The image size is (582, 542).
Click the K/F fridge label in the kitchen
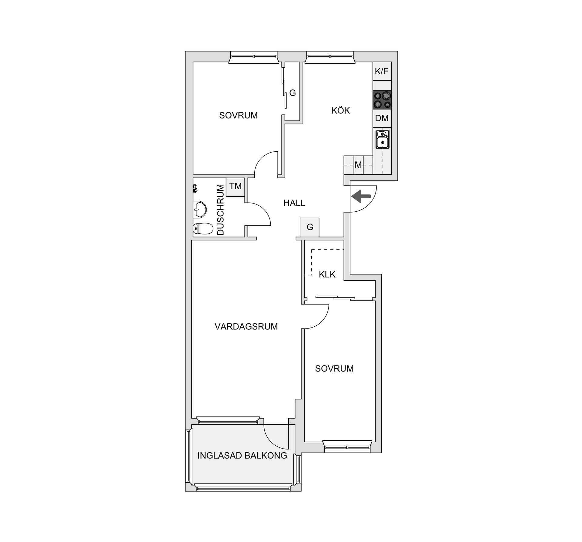tap(381, 71)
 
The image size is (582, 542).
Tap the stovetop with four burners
tap(382, 100)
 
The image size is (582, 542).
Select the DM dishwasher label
tap(382, 118)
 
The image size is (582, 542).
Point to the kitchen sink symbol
tap(382, 139)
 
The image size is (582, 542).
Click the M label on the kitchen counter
tap(358, 165)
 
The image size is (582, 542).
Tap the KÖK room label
tap(340, 110)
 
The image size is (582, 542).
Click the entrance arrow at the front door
tap(361, 196)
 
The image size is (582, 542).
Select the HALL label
tap(294, 203)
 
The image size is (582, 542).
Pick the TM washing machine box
tap(235, 187)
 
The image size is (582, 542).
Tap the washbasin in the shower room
tap(200, 209)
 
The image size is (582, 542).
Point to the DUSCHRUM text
tap(221, 210)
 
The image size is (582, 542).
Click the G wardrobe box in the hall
tap(309, 227)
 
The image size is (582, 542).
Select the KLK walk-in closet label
tap(327, 274)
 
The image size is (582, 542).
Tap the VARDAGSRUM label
tap(246, 326)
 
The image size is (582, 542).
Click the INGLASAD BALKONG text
tap(242, 455)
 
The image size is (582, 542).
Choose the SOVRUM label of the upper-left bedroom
tap(238, 115)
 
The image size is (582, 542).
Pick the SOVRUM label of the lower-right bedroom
tap(334, 369)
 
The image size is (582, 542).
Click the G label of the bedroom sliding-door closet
tap(292, 93)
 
